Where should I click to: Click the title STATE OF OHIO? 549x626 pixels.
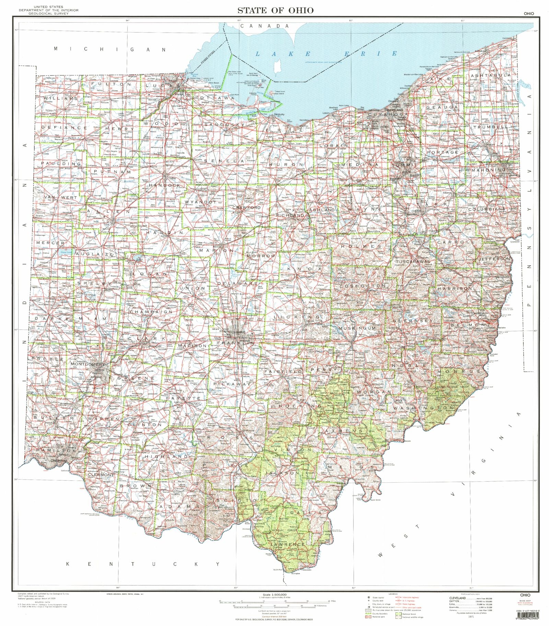pos(275,10)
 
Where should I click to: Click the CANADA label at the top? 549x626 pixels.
pos(265,26)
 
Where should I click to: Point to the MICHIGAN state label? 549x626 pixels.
pos(110,49)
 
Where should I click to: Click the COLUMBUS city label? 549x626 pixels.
pos(238,332)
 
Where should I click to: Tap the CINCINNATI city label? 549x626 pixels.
pos(59,461)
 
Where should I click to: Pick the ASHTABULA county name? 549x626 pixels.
pos(490,75)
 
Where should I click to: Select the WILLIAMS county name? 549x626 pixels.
pos(61,98)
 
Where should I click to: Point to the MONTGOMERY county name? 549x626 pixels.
pos(87,364)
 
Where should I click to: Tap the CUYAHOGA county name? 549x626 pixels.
pos(389,114)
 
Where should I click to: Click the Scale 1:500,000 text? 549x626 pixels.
pos(275,594)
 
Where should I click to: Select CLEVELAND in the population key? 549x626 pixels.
pos(458,598)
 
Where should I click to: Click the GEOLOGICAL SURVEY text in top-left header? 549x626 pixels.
pos(48,13)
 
